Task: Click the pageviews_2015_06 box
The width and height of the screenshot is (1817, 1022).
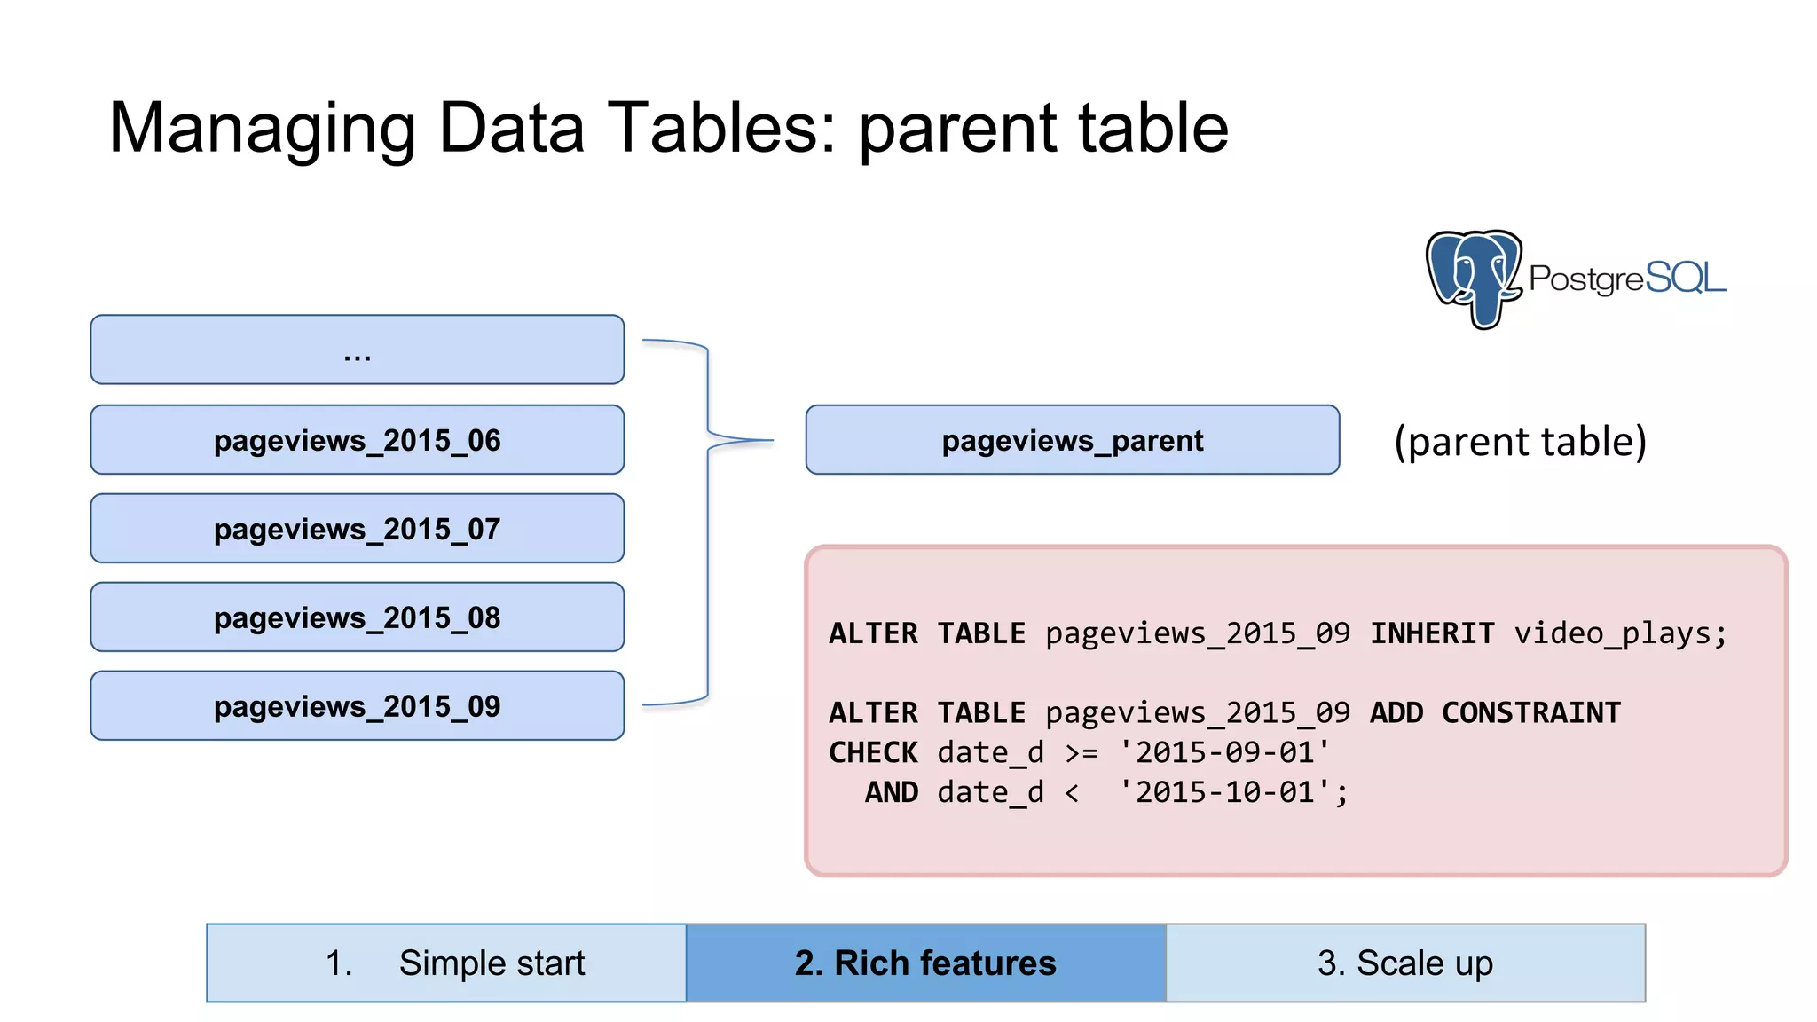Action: click(357, 440)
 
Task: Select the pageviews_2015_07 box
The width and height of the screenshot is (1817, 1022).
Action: click(357, 529)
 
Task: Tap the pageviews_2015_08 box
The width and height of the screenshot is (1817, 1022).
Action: click(357, 617)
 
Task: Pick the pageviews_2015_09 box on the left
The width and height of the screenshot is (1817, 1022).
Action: click(357, 706)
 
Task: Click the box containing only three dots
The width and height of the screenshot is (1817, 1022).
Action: click(357, 350)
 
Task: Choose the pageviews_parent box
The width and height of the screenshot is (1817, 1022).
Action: click(1072, 440)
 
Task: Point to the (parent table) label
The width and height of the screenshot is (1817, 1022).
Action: click(1520, 441)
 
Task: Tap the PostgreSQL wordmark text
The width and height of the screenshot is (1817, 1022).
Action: click(1627, 279)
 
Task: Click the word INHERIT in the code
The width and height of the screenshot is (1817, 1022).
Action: click(1432, 633)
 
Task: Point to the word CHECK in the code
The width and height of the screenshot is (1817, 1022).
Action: click(873, 752)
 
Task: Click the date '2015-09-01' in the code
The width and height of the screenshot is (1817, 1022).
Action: click(1224, 752)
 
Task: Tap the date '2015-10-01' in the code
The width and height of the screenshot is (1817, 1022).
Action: click(1224, 792)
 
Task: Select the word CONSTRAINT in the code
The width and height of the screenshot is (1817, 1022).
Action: click(1531, 712)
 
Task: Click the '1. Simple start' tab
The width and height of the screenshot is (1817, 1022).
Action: click(446, 963)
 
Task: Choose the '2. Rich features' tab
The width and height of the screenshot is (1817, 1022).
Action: click(925, 963)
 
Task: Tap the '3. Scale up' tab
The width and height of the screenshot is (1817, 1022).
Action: click(1405, 963)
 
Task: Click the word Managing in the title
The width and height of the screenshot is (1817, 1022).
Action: click(263, 129)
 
